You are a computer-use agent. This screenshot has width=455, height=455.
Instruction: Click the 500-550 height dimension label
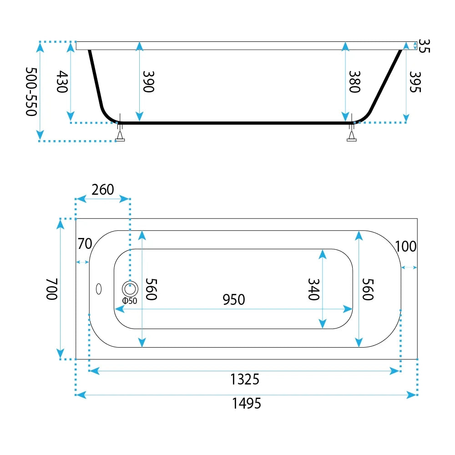tap(31, 92)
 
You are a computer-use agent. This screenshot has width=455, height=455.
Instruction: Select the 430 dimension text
tap(62, 81)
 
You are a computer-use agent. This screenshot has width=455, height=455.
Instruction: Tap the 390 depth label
tap(149, 81)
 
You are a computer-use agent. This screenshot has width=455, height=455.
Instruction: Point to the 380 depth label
tap(354, 81)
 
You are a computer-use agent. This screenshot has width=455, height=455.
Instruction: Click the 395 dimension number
tap(415, 82)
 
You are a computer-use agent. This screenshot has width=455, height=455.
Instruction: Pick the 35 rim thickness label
tap(424, 46)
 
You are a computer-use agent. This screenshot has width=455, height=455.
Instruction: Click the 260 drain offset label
tap(103, 190)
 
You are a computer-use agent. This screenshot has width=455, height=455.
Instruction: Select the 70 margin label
tap(85, 244)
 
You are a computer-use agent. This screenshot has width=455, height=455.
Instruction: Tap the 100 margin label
tap(406, 246)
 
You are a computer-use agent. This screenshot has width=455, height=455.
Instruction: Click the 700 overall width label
tap(52, 289)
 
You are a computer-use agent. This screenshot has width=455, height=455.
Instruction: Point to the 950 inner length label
tap(234, 299)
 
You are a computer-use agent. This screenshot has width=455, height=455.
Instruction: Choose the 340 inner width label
tap(313, 289)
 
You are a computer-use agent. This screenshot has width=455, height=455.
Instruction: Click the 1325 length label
tap(245, 379)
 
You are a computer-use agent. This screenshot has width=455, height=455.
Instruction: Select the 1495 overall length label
tap(246, 403)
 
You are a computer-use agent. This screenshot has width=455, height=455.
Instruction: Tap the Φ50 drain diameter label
tap(130, 301)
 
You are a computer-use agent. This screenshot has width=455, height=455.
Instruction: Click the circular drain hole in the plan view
tap(130, 289)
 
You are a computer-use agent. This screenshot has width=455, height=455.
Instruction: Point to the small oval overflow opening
tap(99, 289)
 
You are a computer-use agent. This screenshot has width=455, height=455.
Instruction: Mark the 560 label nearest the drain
tap(151, 289)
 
